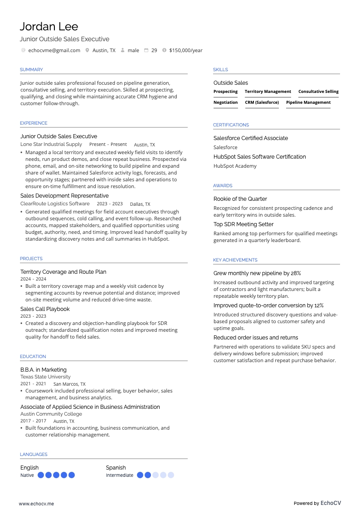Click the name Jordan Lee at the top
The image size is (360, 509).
pos(49,26)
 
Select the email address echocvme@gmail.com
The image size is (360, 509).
pos(54,50)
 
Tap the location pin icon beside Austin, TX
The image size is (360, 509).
pos(87,50)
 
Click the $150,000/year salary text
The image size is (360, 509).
pos(185,50)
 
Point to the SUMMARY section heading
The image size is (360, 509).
pos(31,70)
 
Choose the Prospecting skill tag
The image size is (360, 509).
pos(225,92)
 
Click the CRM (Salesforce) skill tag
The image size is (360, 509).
pos(262,102)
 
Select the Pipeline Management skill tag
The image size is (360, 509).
pos(308,102)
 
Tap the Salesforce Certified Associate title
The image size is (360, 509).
pos(250,138)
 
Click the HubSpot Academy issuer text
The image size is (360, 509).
pos(235,166)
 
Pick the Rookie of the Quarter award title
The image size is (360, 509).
pos(240,199)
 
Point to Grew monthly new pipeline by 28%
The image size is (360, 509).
pos(257,273)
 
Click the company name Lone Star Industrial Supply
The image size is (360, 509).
pos(51,144)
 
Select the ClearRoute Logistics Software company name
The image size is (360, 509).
pos(55,204)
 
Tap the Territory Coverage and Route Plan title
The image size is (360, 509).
pos(63,272)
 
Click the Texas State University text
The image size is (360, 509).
pos(45,377)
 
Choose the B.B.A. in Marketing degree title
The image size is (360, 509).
pos(43,370)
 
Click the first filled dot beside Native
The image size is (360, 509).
pos(41,475)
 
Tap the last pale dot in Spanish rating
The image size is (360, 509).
pos(170,475)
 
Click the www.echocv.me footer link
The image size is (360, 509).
pos(36,504)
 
